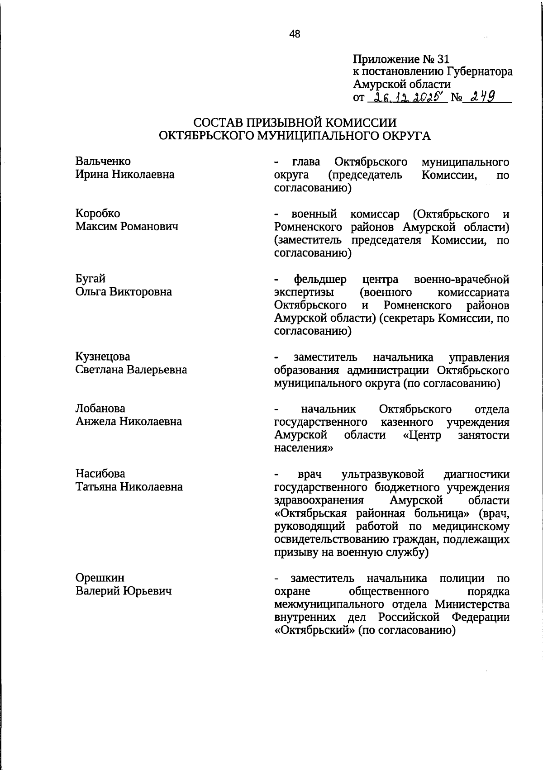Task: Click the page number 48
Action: pos(295,33)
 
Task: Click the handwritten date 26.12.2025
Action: pos(408,97)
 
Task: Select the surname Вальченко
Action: pos(103,162)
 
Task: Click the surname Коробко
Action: pos(98,214)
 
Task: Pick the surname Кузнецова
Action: pos(103,357)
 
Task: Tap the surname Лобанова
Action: pos(100,409)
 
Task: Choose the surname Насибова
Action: pos(100,474)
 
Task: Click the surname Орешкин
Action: pos(100,578)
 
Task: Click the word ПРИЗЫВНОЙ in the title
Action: pos(286,123)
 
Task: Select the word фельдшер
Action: pos(320,279)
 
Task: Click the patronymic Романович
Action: pos(148,227)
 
